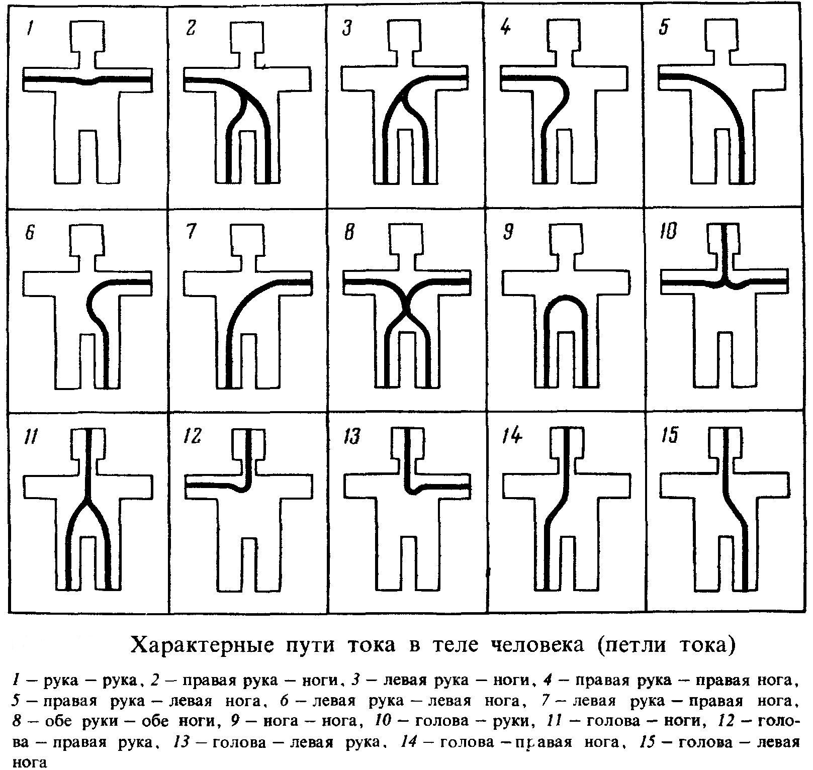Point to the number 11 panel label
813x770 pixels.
31,437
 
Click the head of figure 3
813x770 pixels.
405,36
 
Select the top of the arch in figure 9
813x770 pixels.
566,301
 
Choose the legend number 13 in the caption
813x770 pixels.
179,742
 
